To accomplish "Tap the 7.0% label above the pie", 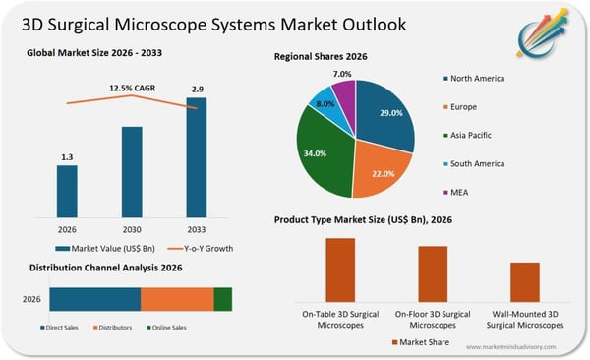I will [x=342, y=74].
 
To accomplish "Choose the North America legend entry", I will [x=476, y=78].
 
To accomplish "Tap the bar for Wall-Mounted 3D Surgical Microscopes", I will [x=525, y=281].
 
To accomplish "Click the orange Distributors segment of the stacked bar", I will [x=177, y=300].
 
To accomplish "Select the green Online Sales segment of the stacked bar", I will [x=223, y=300].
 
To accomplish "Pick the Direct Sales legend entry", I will [x=63, y=328].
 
